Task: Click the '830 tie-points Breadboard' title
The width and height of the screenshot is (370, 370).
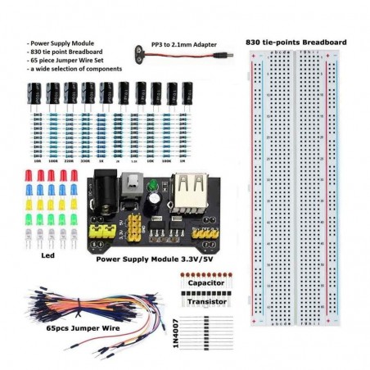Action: [296, 42]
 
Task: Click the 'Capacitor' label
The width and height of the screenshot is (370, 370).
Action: [204, 283]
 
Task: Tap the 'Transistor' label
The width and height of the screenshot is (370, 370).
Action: [204, 301]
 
